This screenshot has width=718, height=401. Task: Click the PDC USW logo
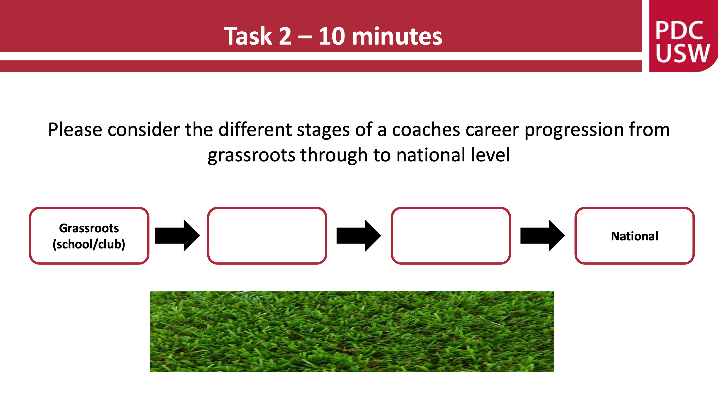tap(683, 36)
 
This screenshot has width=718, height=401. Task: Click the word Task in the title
tap(248, 36)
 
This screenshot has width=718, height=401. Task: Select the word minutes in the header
tap(397, 36)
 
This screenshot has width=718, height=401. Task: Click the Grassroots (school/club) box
tap(89, 236)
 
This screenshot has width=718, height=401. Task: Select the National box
tap(634, 236)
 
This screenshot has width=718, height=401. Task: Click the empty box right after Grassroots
tap(267, 236)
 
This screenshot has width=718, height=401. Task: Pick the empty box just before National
tap(451, 236)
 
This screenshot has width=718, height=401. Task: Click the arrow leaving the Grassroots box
tap(178, 236)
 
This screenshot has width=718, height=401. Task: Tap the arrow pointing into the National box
tap(543, 236)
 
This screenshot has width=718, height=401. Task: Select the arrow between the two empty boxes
tap(359, 236)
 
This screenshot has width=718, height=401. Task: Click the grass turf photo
tap(352, 331)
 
